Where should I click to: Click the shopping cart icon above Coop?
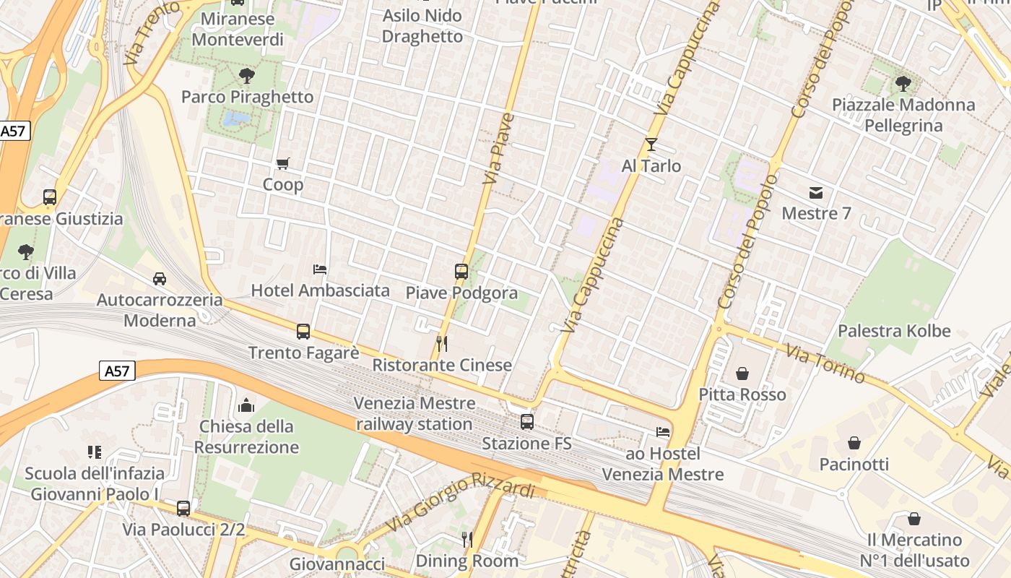click(282, 164)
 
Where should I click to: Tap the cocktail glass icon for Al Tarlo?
click(651, 144)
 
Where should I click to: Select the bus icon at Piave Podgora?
click(461, 272)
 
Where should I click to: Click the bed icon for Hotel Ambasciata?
click(320, 269)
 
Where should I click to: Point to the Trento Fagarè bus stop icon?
click(303, 332)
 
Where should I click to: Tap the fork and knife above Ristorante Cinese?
click(442, 343)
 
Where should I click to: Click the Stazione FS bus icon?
click(527, 422)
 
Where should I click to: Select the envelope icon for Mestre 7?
click(816, 192)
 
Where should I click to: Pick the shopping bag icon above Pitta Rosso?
click(742, 374)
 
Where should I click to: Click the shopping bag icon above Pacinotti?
click(854, 443)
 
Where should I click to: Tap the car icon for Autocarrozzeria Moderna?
click(160, 278)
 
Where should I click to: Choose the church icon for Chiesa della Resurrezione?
click(246, 405)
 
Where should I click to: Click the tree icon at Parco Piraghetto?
click(247, 75)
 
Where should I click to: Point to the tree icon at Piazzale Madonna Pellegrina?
click(903, 83)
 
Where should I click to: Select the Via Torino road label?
click(825, 363)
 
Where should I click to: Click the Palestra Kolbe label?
click(894, 331)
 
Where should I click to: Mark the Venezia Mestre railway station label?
click(415, 413)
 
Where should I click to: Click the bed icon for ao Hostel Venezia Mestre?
click(663, 432)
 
